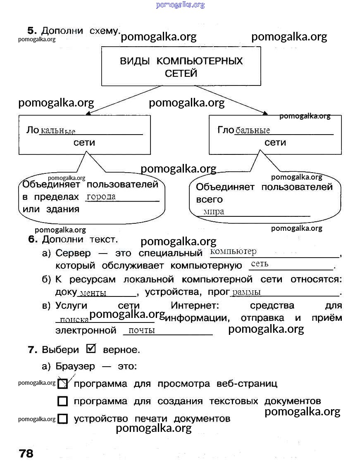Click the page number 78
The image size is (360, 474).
tap(26, 453)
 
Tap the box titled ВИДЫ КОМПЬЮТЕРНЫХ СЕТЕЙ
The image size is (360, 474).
tap(181, 66)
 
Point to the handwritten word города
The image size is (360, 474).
tap(101, 197)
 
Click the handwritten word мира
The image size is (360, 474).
tap(214, 212)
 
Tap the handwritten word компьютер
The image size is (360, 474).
tap(233, 251)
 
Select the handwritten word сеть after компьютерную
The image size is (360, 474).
tap(260, 264)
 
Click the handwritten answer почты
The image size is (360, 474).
tap(141, 330)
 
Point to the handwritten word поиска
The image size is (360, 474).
tap(74, 320)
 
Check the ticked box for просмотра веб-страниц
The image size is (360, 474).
tap(62, 384)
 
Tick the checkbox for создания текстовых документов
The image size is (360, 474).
tap(62, 401)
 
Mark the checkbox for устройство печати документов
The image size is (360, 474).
tap(62, 419)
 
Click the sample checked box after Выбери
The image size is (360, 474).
tap(91, 349)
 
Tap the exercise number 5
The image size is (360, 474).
tap(32, 31)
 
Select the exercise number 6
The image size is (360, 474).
tap(33, 239)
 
